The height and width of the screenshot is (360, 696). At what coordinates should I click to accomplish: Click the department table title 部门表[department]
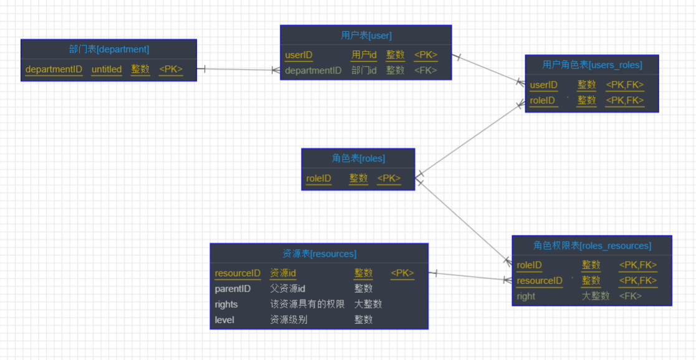point(109,49)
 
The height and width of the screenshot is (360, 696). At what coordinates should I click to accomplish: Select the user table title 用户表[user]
point(366,35)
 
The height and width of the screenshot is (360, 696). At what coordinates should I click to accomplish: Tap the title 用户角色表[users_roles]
point(592,65)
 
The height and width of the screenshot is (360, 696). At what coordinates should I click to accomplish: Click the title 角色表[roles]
point(358,158)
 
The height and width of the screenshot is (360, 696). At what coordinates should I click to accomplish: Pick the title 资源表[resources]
point(319,253)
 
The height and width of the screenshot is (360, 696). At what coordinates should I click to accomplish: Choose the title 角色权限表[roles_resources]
point(592,245)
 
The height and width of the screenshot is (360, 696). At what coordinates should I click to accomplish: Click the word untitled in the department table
point(107,69)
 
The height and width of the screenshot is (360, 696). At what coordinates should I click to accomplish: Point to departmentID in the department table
point(54,69)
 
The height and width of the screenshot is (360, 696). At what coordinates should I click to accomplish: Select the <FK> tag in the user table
point(426,70)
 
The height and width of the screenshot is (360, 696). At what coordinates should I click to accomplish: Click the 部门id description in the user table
point(364,70)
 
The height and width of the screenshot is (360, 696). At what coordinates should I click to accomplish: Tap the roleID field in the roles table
point(318,179)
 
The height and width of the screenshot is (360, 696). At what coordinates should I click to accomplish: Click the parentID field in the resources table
point(232,288)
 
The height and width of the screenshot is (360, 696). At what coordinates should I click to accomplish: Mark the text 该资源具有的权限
point(307,304)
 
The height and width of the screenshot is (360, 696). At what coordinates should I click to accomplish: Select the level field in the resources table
point(224,320)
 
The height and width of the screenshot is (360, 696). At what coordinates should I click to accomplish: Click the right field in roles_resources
point(526,296)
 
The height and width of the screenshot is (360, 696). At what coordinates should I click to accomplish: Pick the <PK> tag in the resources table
point(402,273)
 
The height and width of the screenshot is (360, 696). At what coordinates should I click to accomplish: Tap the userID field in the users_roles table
point(543,85)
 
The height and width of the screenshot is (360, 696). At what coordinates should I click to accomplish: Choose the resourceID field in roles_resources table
point(540,281)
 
